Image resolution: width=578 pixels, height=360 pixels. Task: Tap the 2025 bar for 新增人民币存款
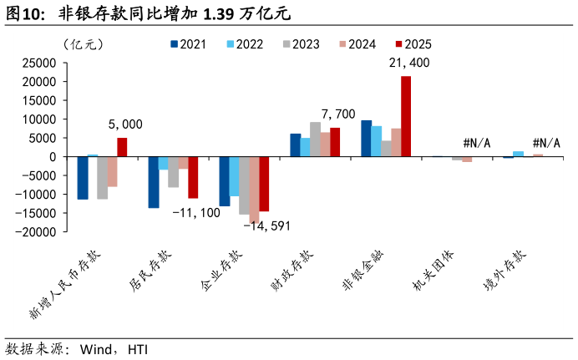pos(122,147)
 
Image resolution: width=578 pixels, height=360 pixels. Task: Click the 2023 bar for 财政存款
pos(315,139)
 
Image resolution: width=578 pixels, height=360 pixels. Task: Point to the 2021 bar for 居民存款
pos(154,182)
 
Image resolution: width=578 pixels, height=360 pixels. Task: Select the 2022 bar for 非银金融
pos(377,141)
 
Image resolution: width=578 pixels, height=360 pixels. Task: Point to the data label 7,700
pos(338,114)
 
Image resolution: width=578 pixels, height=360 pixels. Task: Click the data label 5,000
pos(125,124)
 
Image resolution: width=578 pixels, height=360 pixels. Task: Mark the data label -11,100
pos(196,213)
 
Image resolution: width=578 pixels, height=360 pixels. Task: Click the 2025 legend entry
pos(413,44)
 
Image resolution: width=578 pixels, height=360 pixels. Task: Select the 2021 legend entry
pos(189,44)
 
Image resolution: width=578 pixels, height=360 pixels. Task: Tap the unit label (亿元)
pos(84,44)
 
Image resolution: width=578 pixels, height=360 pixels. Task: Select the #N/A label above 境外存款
pos(546,143)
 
